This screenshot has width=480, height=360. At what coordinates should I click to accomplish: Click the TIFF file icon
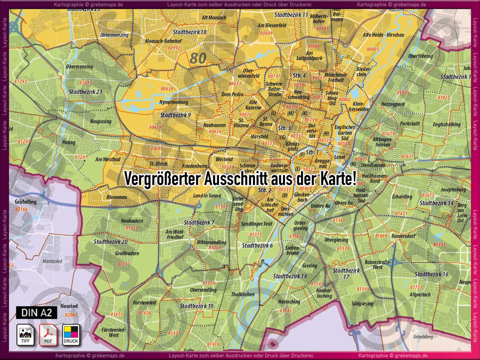[x=25, y=335]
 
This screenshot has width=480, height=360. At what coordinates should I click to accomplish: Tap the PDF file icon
[x=48, y=335]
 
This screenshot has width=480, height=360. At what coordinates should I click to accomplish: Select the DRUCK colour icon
[x=71, y=335]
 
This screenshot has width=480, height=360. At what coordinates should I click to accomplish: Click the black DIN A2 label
[x=37, y=312]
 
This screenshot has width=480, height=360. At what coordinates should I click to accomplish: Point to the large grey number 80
[x=198, y=58]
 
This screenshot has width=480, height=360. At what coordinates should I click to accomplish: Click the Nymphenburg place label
[x=173, y=102]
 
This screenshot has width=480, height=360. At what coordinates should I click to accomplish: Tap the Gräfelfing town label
[x=25, y=202]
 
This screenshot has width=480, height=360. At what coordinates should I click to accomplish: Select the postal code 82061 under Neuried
[x=71, y=315]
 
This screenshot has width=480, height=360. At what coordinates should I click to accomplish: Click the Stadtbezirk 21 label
[x=85, y=92]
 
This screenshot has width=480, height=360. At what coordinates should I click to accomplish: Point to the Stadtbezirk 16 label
[x=431, y=274]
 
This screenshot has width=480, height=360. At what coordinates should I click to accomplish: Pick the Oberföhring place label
[x=420, y=56]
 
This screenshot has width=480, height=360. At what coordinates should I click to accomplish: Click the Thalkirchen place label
[x=242, y=294]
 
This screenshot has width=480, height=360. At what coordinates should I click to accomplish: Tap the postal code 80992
[x=174, y=48]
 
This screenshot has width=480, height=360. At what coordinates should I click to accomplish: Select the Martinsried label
[x=52, y=261]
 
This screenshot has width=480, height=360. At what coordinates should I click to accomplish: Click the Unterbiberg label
[x=423, y=337]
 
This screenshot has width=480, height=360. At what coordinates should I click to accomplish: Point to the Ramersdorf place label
[x=403, y=236]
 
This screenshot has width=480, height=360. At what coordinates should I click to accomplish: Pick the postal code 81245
[x=20, y=81]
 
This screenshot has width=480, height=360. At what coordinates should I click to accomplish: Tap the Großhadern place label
[x=127, y=253]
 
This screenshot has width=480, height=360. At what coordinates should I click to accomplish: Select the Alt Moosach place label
[x=214, y=18]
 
